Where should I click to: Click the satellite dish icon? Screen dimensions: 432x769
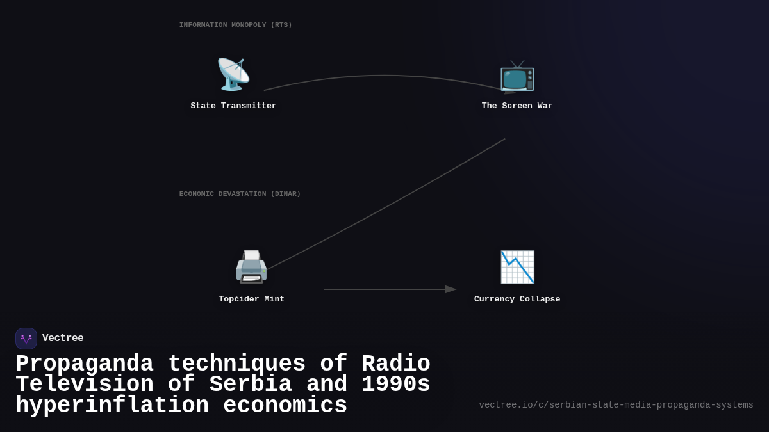[233, 74]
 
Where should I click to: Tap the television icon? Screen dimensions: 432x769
[517, 76]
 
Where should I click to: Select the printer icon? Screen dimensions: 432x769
[251, 267]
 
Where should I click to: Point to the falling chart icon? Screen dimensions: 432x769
[517, 267]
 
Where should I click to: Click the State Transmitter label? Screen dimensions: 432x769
[233, 106]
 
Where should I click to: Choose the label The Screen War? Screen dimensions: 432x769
[517, 106]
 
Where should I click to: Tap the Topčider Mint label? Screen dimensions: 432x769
[251, 300]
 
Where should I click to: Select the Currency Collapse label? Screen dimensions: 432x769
[517, 300]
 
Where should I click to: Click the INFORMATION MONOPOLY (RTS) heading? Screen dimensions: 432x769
[235, 25]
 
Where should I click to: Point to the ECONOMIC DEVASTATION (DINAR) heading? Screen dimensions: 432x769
[240, 194]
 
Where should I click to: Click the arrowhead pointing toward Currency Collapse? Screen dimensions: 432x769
[451, 289]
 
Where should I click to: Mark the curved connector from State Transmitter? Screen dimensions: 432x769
[384, 76]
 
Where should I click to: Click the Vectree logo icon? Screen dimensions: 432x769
[26, 339]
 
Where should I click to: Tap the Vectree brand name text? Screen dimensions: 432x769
[63, 339]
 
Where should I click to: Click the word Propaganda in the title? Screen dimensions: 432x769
[84, 364]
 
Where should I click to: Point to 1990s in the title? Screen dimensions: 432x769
[395, 385]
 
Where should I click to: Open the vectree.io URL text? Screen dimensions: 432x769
[616, 405]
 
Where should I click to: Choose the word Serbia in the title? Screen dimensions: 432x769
[251, 385]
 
